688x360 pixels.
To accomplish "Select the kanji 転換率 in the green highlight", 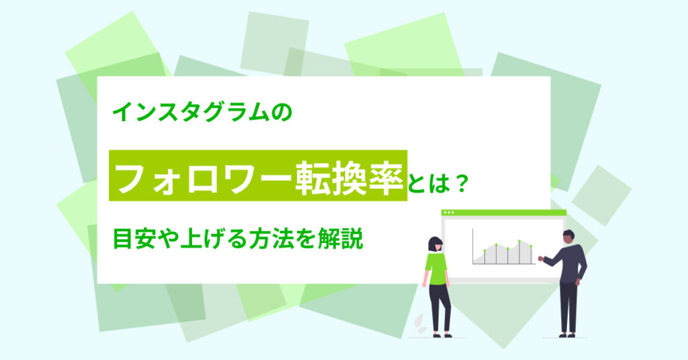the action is tap(349, 176).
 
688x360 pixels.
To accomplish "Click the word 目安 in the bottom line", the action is tap(135, 239).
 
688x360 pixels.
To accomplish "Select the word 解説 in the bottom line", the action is tap(341, 239).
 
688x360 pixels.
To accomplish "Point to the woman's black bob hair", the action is tap(435, 244).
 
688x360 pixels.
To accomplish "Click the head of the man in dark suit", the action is tap(568, 237).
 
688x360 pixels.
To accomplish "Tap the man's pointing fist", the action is tap(541, 259).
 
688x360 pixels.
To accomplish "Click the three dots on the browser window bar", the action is tap(449, 213).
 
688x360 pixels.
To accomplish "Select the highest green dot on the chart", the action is tap(519, 241).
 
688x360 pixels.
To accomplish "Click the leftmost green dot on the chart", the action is tap(484, 251).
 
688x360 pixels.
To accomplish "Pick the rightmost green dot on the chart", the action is tap(531, 246).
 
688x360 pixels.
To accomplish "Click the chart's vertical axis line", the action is tap(472, 246).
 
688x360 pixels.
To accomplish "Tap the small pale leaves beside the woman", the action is tap(419, 323).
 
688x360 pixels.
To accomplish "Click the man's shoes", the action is tap(566, 335).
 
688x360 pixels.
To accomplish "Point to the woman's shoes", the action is tap(442, 335).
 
